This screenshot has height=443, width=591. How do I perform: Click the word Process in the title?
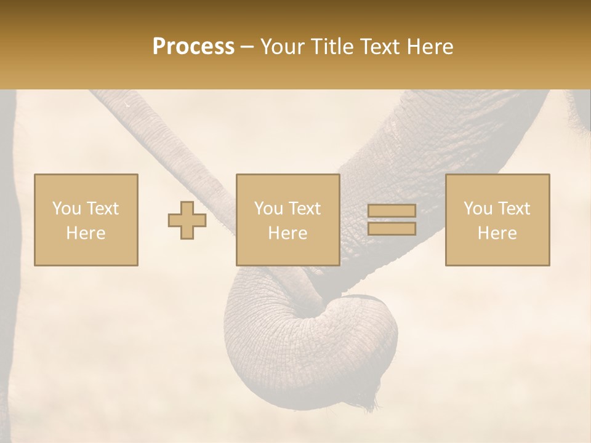pyautogui.click(x=193, y=47)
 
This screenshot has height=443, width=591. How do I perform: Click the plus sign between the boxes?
pyautogui.click(x=187, y=220)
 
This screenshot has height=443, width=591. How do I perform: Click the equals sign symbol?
pyautogui.click(x=392, y=220)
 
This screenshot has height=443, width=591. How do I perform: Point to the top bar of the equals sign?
pyautogui.click(x=392, y=211)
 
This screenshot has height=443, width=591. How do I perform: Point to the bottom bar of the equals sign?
pyautogui.click(x=392, y=229)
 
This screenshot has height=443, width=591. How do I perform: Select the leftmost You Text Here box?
pyautogui.click(x=86, y=220)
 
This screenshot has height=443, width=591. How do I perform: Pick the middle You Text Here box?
pyautogui.click(x=287, y=220)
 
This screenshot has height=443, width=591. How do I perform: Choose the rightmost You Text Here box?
pyautogui.click(x=497, y=220)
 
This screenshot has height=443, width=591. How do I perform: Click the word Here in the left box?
pyautogui.click(x=86, y=233)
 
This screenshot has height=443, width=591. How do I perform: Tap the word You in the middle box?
pyautogui.click(x=268, y=209)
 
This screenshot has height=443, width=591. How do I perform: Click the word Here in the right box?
pyautogui.click(x=497, y=233)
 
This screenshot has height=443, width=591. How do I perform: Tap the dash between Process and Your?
pyautogui.click(x=247, y=47)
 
